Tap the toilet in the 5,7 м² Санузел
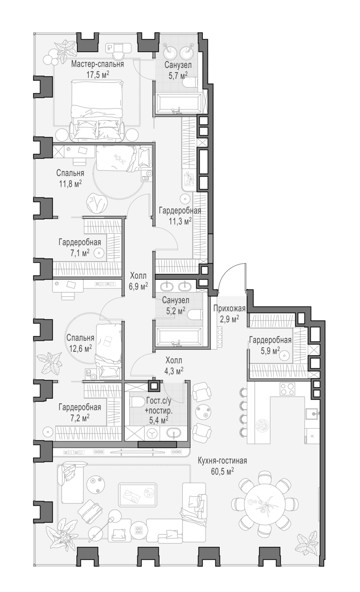[190, 82]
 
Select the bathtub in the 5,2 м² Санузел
[179, 336]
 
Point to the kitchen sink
[312, 414]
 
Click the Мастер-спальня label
[98, 64]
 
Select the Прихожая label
[229, 308]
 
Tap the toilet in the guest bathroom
[137, 402]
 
